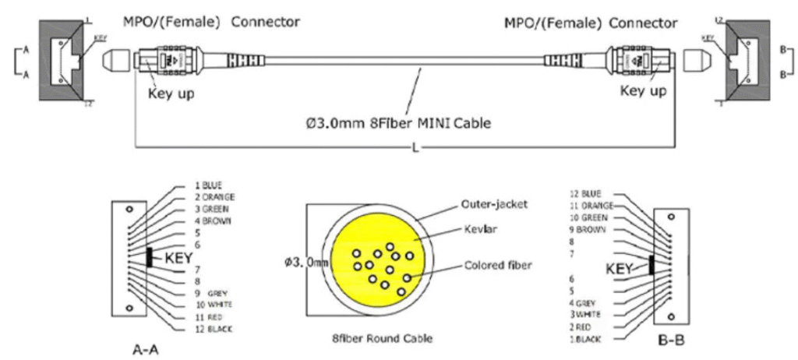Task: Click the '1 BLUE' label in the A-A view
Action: pyautogui.click(x=209, y=185)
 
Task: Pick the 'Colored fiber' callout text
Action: pyautogui.click(x=498, y=265)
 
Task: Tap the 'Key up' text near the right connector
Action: pyautogui.click(x=643, y=91)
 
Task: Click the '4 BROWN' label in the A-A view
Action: pyautogui.click(x=213, y=221)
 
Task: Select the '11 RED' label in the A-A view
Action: pyautogui.click(x=207, y=317)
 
